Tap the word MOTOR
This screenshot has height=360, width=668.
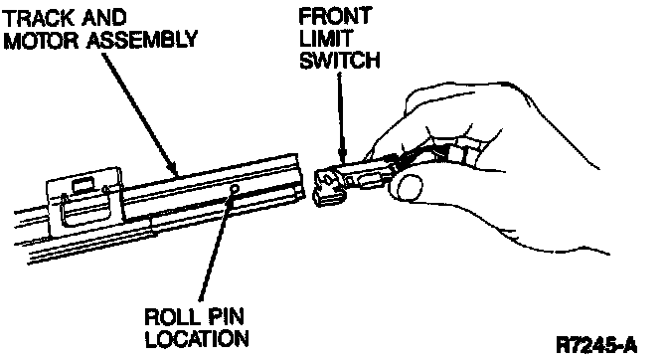click(x=42, y=41)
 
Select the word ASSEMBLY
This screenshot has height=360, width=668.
click(x=142, y=40)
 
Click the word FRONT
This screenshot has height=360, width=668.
click(x=335, y=17)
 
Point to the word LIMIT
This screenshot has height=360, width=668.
click(x=325, y=39)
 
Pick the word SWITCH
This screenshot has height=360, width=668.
click(x=340, y=60)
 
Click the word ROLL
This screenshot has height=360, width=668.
click(x=172, y=317)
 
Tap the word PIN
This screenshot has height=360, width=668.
click(x=226, y=317)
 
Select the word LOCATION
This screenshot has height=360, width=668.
click(x=197, y=339)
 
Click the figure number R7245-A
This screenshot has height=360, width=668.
click(x=596, y=345)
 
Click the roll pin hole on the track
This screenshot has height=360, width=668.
click(x=234, y=189)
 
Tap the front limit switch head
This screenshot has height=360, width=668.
click(x=327, y=186)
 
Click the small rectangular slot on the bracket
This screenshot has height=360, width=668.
click(x=84, y=186)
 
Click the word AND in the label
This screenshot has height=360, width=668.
click(x=104, y=18)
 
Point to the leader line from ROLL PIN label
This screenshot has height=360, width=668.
click(x=216, y=245)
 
